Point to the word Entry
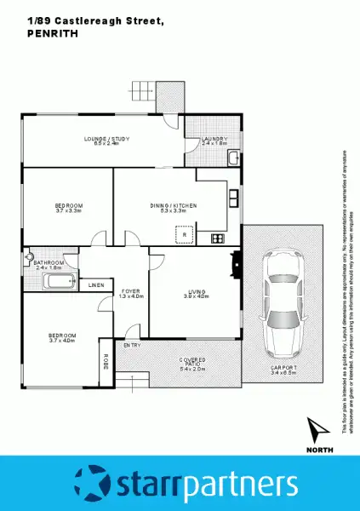click(132, 345)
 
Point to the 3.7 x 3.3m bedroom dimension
click(68, 210)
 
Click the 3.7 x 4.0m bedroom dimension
click(62, 341)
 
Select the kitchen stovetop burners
click(217, 238)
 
